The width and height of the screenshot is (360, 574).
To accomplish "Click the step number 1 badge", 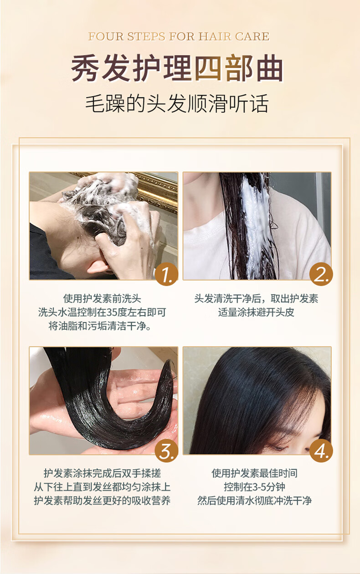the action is (x=166, y=274).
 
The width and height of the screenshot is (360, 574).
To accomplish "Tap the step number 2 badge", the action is (x=321, y=274).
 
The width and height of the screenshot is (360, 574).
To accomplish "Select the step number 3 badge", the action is (x=166, y=451).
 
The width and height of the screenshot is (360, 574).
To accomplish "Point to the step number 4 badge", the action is (x=321, y=451).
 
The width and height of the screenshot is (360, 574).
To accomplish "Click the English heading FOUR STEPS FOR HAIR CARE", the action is (x=179, y=36).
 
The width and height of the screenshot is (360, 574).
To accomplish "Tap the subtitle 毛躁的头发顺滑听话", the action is (x=177, y=103).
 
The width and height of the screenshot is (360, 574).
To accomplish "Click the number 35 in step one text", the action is (x=112, y=313).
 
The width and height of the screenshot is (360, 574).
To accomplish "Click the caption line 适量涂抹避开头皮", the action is (x=256, y=313).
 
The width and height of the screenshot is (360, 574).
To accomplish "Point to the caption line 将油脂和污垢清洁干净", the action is (x=100, y=326).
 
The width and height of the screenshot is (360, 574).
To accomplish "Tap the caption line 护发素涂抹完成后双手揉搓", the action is (x=103, y=473).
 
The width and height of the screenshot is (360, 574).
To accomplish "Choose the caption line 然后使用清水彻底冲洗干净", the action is (x=255, y=501).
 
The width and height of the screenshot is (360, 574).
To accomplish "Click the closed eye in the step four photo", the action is (x=278, y=448).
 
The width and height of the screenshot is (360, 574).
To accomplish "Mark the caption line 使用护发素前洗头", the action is (x=103, y=298).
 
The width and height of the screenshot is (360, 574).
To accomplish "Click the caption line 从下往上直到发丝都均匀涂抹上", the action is (x=103, y=487).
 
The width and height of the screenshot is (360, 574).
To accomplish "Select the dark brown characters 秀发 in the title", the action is (x=101, y=68).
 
